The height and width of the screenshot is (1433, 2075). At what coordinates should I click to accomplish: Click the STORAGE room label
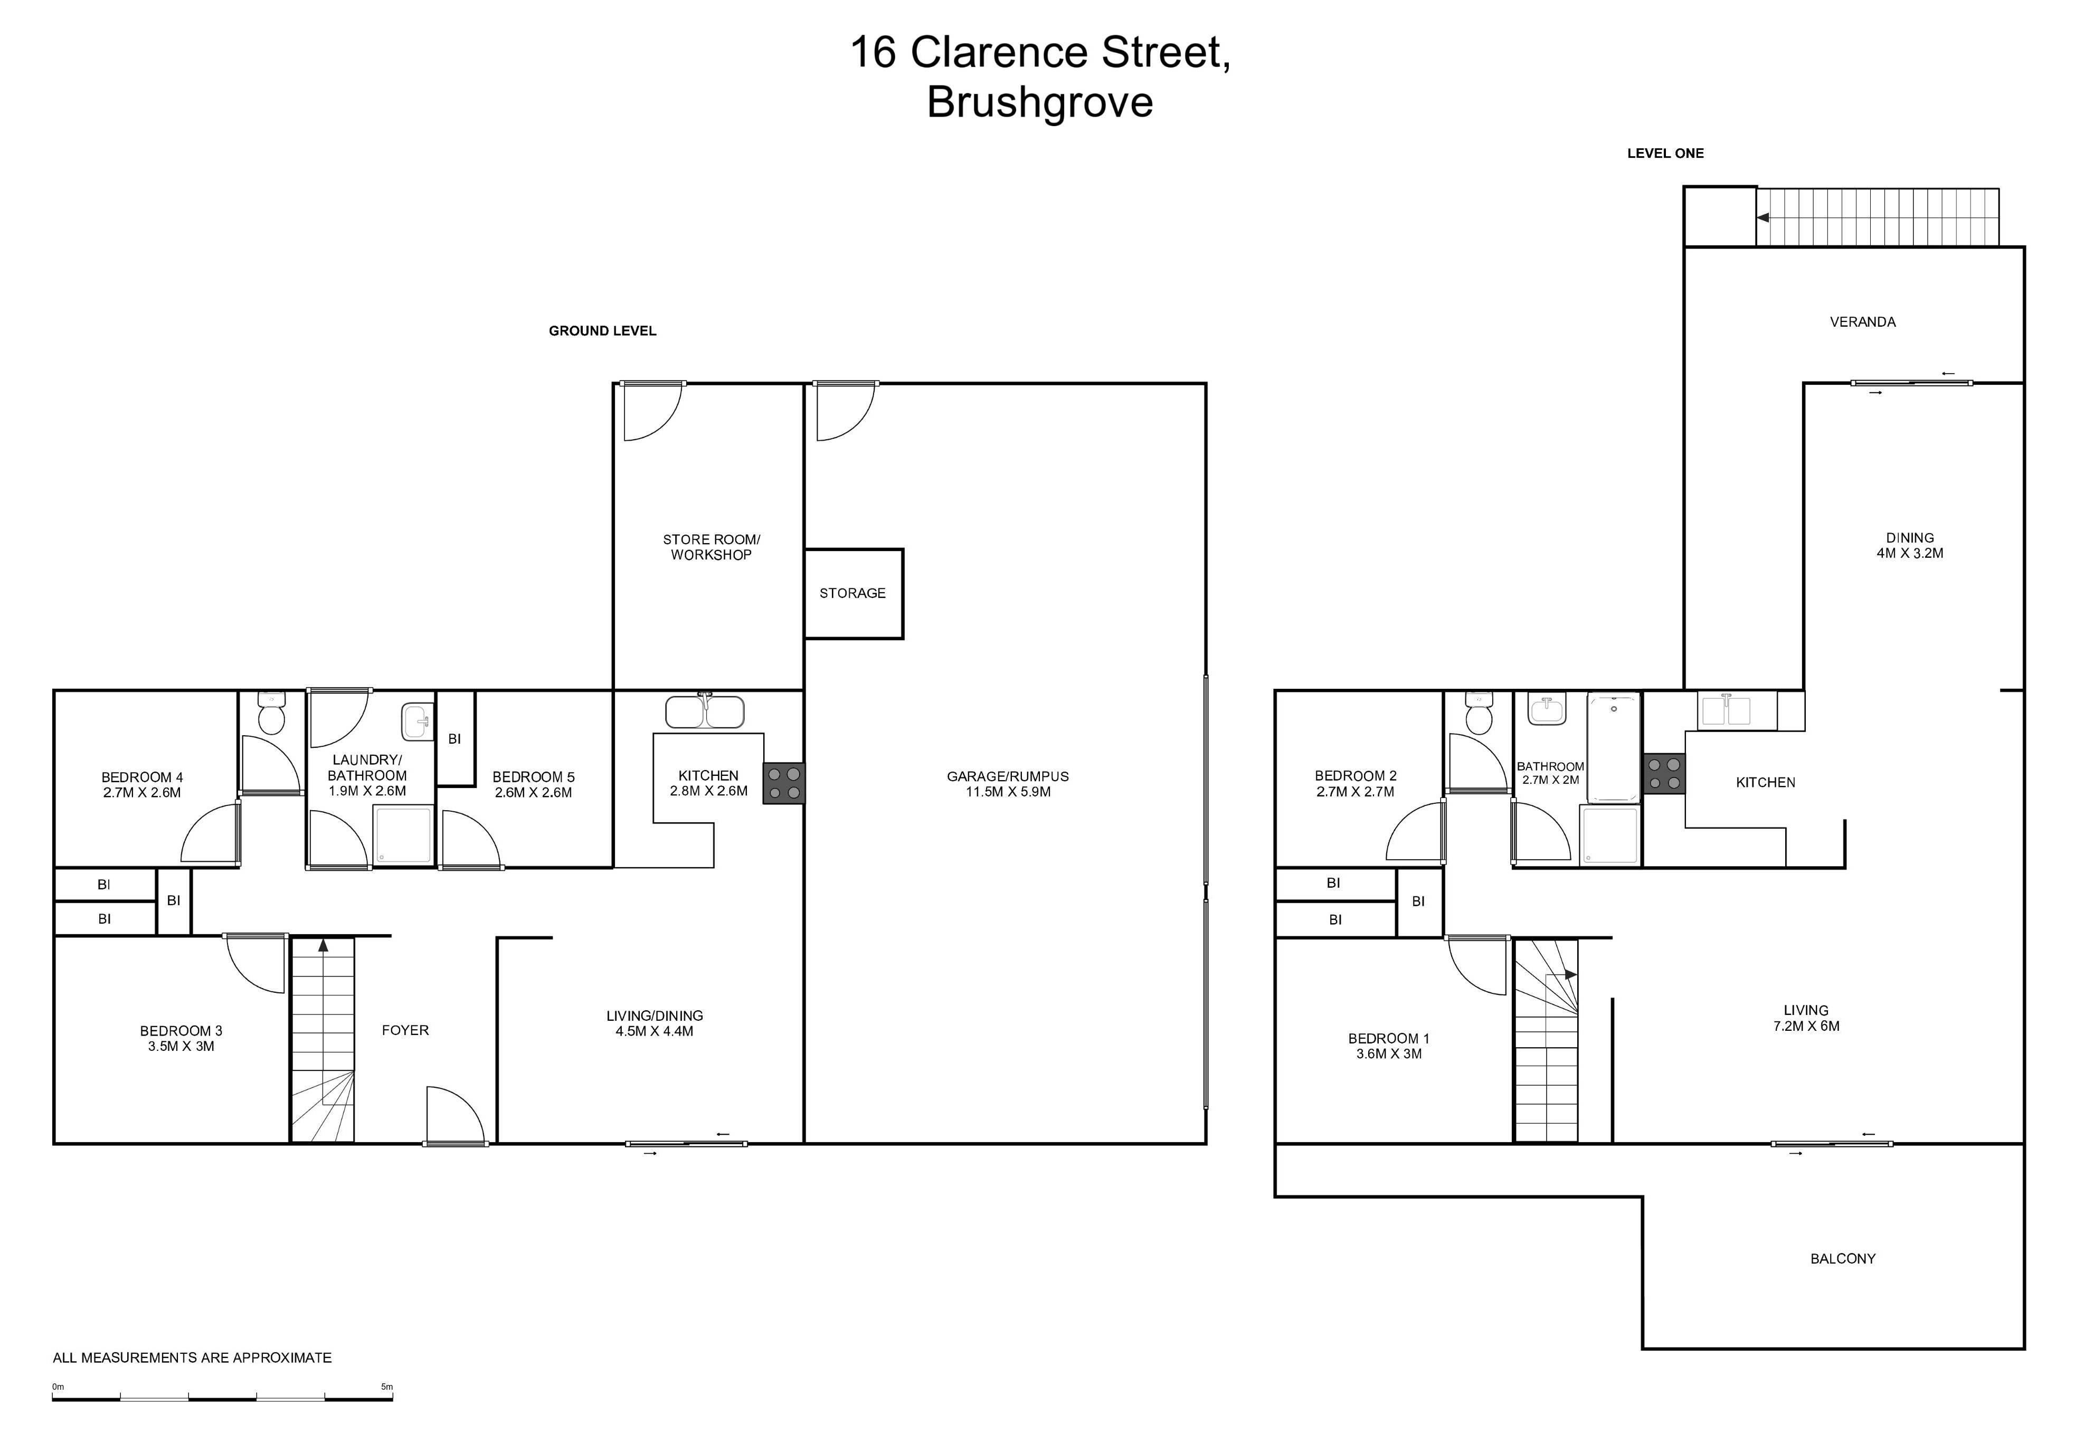[852, 593]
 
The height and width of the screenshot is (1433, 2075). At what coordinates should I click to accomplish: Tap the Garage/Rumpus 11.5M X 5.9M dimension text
[1008, 792]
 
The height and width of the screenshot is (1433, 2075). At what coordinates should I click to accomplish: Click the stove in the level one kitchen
[1664, 773]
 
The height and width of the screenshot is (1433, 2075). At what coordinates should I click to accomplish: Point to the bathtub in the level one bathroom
[1614, 747]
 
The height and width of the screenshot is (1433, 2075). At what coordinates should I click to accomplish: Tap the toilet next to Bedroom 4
[271, 713]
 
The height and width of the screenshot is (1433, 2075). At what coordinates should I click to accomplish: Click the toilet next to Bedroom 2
[1478, 713]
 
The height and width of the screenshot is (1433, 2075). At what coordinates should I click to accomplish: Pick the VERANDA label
[1862, 321]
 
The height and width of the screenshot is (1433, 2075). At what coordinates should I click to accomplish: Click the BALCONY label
[1842, 1259]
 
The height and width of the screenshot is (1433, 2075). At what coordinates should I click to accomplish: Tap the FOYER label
[405, 1030]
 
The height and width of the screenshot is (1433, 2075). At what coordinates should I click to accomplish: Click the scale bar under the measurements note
[223, 1398]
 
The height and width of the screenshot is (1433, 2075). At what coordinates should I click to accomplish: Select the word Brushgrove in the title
[1040, 101]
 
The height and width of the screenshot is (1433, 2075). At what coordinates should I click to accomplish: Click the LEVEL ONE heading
[1665, 154]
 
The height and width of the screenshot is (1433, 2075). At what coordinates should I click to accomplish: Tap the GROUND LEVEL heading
[602, 331]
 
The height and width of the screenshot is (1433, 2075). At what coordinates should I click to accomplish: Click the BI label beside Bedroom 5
[454, 739]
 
